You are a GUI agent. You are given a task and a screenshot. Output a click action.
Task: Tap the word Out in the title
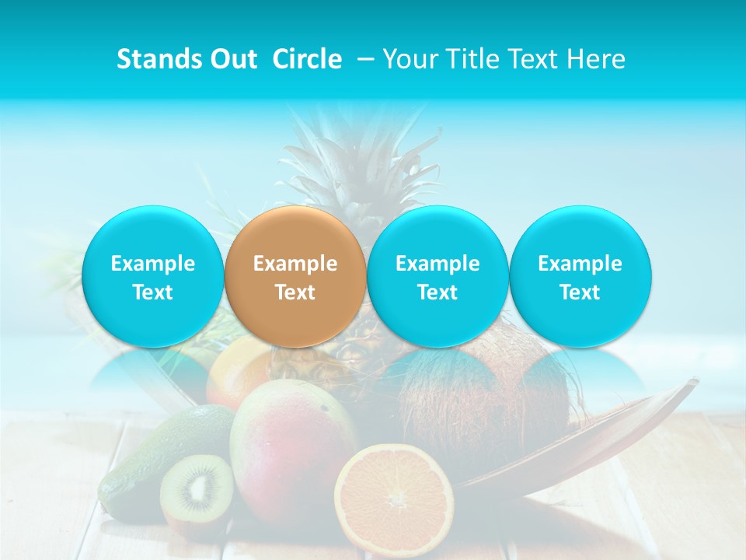click(234, 59)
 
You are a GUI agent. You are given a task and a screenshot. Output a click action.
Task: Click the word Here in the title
click(596, 59)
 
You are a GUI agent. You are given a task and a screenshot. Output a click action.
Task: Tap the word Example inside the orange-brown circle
click(295, 264)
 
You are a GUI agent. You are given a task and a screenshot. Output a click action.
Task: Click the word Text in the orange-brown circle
click(295, 292)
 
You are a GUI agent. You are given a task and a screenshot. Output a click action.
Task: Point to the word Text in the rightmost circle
click(580, 292)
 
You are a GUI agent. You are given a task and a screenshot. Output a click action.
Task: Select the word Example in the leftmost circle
click(152, 264)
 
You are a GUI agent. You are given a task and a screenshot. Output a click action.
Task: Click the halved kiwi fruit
click(196, 490)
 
